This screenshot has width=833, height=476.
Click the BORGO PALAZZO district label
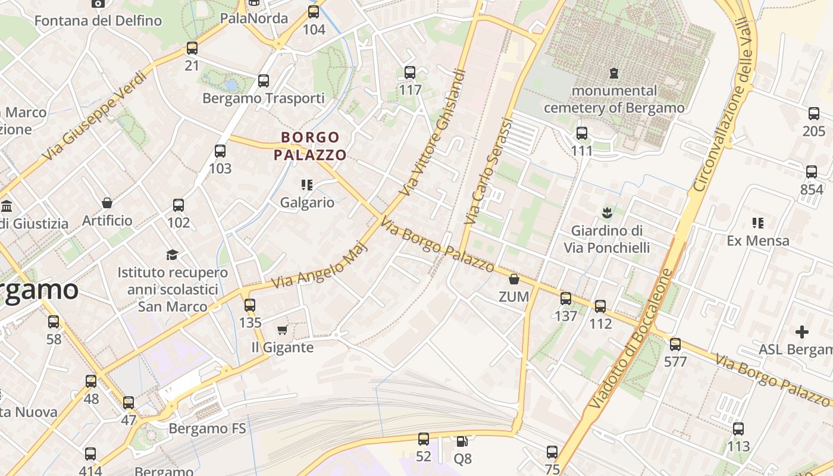pos(310,146)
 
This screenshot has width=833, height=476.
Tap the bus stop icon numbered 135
pos(250,305)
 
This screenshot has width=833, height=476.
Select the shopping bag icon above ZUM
pos(514,279)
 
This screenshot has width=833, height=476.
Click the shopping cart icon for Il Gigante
pos(282,330)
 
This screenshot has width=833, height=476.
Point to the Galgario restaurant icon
pos(307,185)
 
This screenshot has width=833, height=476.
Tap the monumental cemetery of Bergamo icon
pos(613,73)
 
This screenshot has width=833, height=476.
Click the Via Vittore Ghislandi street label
pos(433,132)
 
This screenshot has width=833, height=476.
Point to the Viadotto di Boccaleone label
pos(631,339)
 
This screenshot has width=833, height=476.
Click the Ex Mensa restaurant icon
pos(757,223)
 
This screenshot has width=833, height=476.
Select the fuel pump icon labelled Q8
pos(462,441)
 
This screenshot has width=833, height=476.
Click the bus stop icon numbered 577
pos(675,344)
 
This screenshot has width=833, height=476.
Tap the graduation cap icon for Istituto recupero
pos(172,255)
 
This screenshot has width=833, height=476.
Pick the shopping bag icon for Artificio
pos(107,203)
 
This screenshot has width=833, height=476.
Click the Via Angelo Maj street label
pos(320,265)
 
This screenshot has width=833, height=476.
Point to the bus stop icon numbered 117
pos(410,73)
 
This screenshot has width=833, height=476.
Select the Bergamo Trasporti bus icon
pos(263,80)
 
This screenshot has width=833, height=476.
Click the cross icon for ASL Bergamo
pos(802,331)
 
